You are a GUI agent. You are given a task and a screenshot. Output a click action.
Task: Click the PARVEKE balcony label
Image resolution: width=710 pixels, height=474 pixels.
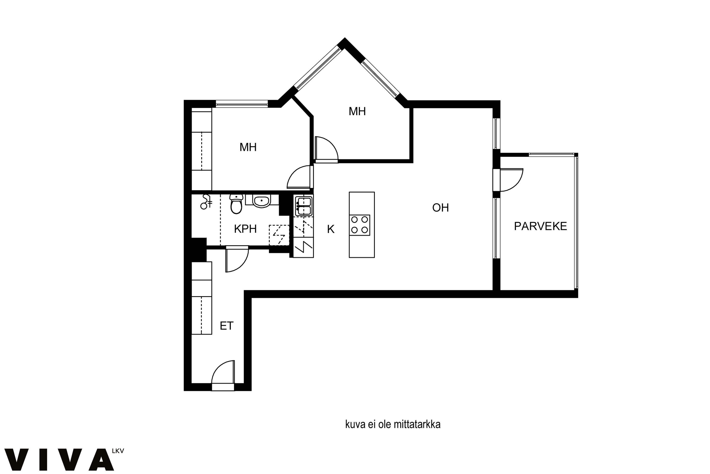540,226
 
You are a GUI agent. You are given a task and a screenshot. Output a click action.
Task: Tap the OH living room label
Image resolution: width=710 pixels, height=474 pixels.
440,208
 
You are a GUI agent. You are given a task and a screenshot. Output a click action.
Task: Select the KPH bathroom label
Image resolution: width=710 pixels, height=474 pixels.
245,229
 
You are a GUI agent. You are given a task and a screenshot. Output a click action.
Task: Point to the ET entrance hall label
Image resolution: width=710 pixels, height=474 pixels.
226,326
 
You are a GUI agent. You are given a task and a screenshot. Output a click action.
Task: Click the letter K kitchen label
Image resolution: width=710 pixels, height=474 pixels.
331,229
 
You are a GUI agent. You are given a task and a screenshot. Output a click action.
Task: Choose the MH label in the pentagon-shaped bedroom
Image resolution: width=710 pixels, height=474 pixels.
357,111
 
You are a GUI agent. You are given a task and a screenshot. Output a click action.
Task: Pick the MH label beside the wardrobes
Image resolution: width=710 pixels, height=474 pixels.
248,147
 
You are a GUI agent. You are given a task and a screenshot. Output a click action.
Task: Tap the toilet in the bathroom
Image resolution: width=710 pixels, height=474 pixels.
236,204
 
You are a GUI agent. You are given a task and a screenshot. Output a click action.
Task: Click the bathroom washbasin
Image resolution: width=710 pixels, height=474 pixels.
262,201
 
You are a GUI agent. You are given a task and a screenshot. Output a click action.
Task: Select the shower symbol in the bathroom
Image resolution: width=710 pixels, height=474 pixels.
206,202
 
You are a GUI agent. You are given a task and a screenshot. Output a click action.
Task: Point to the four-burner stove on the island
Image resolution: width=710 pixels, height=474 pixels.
359,225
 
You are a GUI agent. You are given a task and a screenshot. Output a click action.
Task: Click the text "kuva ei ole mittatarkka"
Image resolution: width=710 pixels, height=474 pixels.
393,424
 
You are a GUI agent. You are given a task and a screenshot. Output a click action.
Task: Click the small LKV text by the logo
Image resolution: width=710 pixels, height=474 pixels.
118,451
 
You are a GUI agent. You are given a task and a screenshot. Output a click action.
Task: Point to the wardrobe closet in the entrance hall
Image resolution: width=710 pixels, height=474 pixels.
202,298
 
